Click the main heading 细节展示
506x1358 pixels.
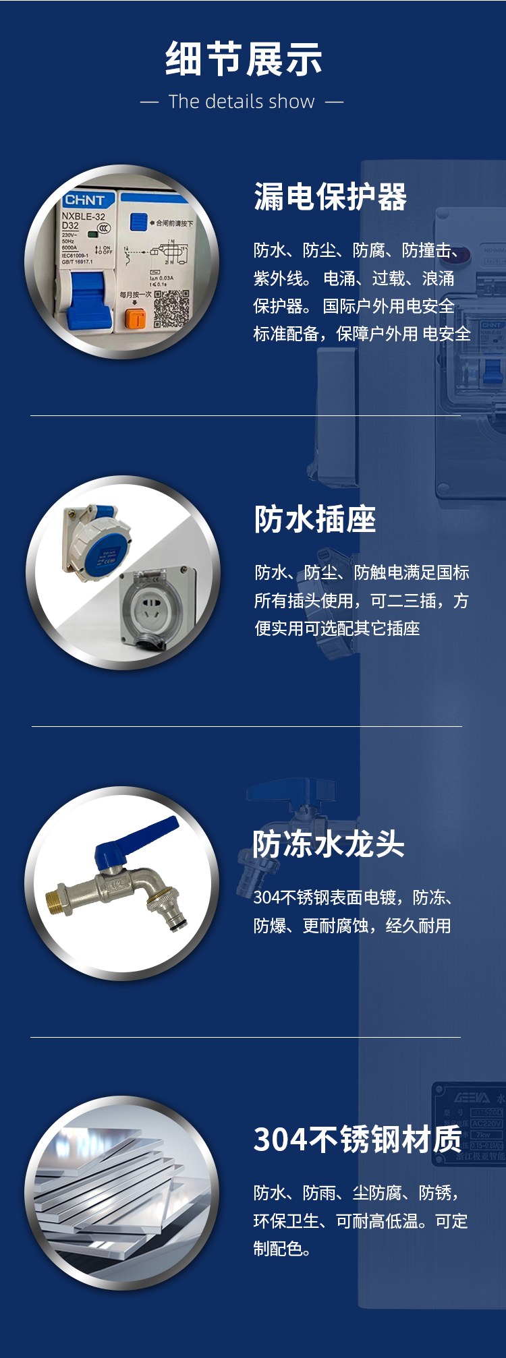(x=244, y=59)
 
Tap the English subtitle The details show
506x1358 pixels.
(x=242, y=102)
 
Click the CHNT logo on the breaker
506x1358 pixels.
(x=84, y=200)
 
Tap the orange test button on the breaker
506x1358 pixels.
(x=136, y=318)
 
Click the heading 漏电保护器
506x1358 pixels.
(x=330, y=197)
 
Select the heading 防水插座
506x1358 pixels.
(x=314, y=519)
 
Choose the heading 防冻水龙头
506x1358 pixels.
(x=328, y=844)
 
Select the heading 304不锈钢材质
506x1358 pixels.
(x=358, y=1140)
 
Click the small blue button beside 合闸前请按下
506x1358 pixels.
(x=138, y=221)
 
